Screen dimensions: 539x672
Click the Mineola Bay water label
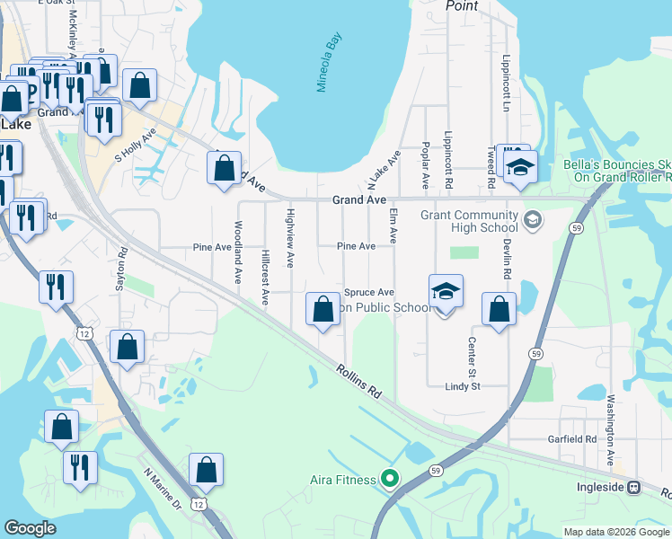(x=329, y=64)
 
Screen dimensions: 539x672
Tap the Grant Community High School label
(x=469, y=221)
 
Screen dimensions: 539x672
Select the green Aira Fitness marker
(x=389, y=479)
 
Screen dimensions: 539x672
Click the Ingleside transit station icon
(x=633, y=488)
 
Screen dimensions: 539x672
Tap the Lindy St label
(x=464, y=385)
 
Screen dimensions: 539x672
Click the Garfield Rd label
(x=572, y=439)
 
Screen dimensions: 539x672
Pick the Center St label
(x=471, y=357)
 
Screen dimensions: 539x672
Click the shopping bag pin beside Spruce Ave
(x=323, y=310)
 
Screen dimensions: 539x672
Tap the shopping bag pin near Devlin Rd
(x=499, y=310)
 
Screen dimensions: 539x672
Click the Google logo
(x=30, y=528)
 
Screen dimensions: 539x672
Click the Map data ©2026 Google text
(x=616, y=532)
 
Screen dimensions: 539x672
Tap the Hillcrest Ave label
(x=265, y=278)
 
